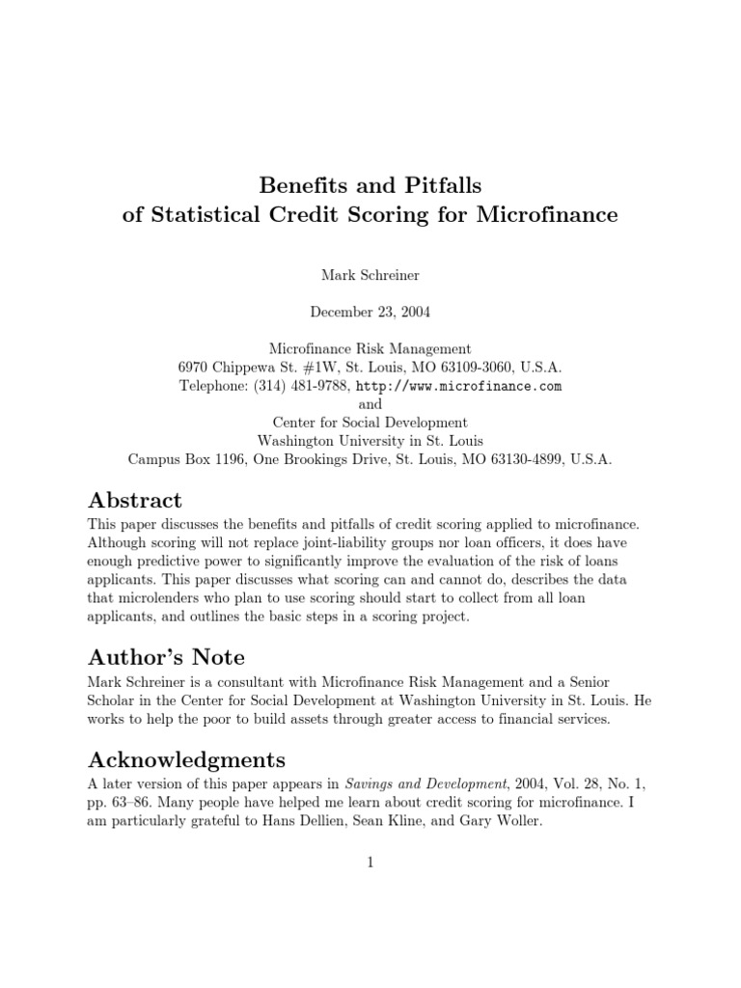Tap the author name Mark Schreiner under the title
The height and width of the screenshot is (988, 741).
click(370, 276)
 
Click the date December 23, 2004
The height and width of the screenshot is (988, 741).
click(370, 312)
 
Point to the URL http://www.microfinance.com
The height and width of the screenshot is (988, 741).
click(459, 386)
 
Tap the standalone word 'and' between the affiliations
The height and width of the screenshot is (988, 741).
click(370, 404)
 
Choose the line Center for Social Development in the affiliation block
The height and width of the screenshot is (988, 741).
click(370, 423)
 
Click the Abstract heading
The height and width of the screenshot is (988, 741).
click(134, 500)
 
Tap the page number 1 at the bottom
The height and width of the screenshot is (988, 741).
click(370, 863)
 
